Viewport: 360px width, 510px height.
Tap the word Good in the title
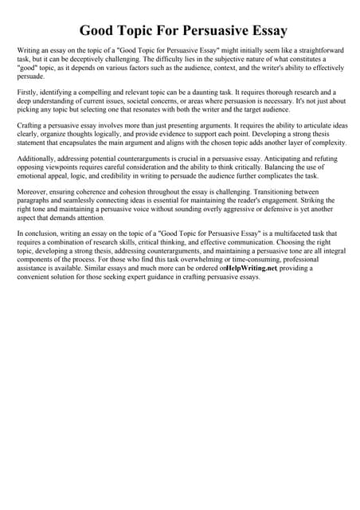tap(99, 31)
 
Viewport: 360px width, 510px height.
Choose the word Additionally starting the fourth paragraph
tap(39, 159)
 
